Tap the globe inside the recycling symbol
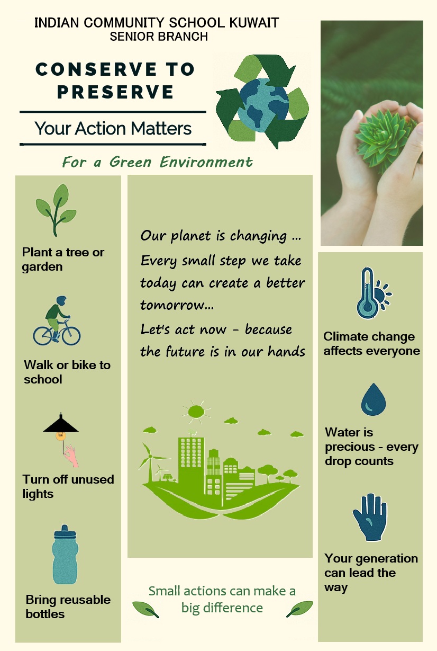(x=264, y=104)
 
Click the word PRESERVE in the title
(x=115, y=92)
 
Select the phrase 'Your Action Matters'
(x=113, y=129)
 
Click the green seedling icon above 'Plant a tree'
(x=56, y=210)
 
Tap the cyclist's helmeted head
(x=61, y=300)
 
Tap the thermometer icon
(x=367, y=293)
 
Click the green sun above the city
(x=196, y=412)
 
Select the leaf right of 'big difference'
(x=299, y=609)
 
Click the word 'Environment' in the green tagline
(x=206, y=162)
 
